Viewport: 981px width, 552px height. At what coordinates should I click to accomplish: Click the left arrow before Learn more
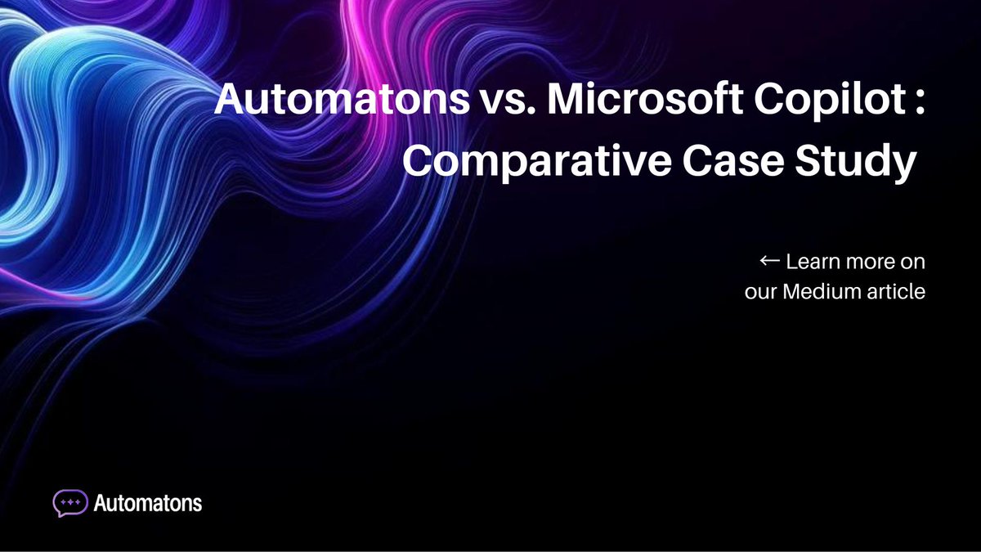click(x=769, y=262)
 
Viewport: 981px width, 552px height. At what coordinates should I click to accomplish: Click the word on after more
click(x=913, y=263)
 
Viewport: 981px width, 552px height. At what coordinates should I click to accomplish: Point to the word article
click(x=896, y=292)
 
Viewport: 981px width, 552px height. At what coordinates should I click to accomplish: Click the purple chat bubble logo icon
click(x=70, y=502)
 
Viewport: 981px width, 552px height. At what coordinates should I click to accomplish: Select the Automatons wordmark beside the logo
click(x=148, y=502)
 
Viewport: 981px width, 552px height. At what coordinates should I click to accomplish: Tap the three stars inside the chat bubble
click(x=70, y=500)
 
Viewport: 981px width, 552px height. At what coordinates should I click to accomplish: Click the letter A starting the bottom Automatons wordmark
click(x=101, y=502)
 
